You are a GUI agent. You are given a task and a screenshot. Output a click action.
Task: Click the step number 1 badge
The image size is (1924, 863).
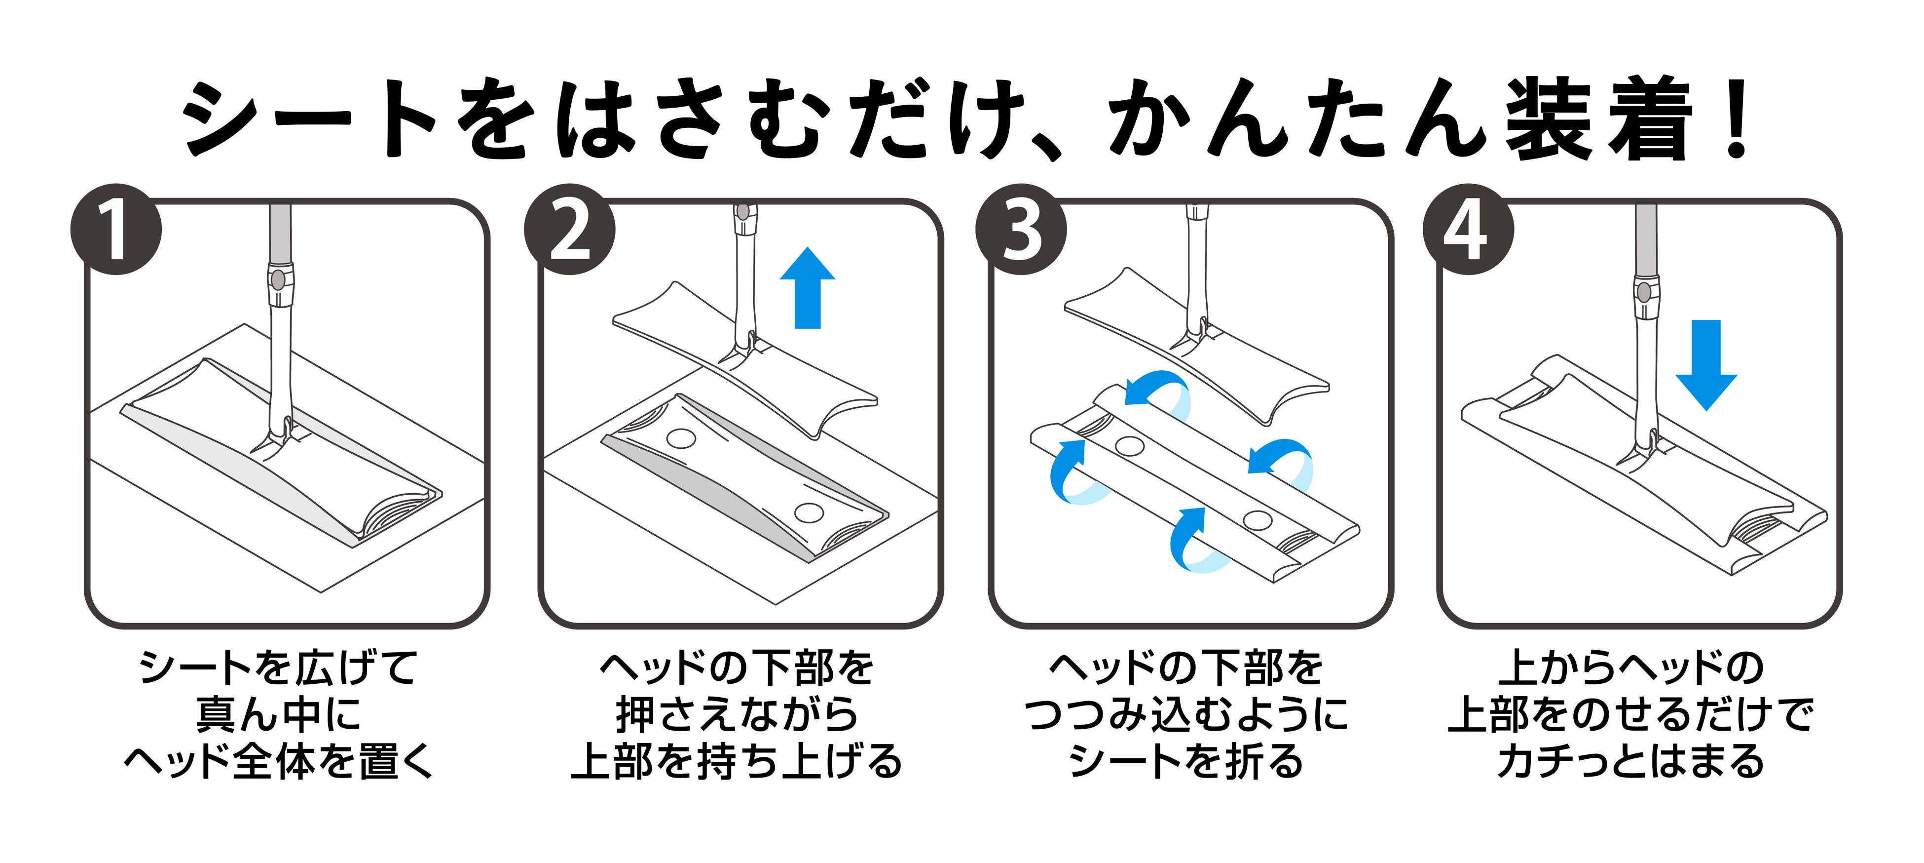coord(116,230)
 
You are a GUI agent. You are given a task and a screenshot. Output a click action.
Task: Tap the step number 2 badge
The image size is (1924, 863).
coord(569,230)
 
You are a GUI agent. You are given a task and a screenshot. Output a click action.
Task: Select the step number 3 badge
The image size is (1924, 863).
coord(1021,230)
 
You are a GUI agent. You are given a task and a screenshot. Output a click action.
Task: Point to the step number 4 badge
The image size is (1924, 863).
coord(1468,230)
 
